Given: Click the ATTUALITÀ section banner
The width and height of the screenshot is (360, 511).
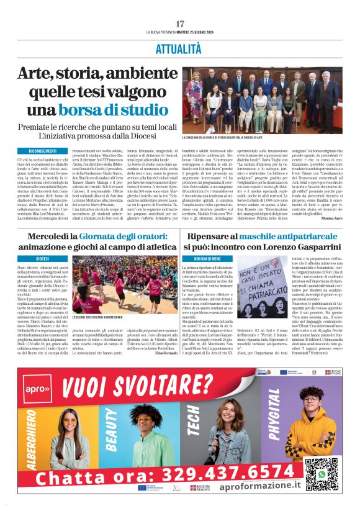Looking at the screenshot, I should tap(180, 48).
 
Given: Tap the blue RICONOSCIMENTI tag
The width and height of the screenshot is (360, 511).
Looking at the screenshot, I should tap(42, 151).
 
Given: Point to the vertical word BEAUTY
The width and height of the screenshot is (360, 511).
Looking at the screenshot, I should tap(112, 429).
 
